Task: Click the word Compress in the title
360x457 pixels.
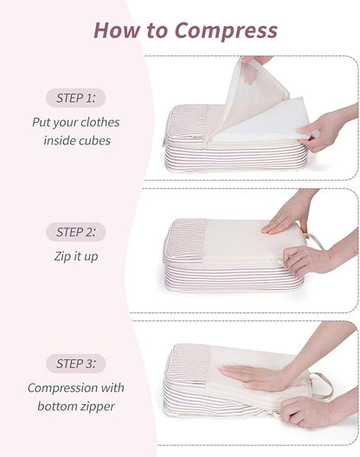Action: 226,30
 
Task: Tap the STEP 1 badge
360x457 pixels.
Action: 76,99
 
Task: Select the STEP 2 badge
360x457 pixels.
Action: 76,232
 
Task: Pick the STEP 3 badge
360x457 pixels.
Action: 76,364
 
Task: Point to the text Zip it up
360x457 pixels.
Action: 76,255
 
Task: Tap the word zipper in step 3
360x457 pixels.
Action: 99,406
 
